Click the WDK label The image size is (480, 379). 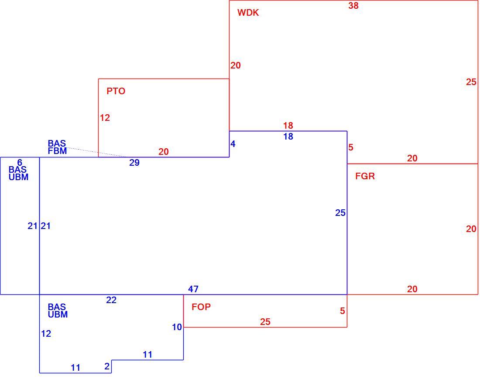(248, 13)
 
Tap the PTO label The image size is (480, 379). (116, 91)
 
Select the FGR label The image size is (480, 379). (365, 176)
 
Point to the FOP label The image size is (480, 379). (201, 307)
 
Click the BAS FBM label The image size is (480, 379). (57, 147)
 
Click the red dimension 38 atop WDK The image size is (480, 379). (353, 6)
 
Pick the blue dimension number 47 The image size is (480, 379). (193, 289)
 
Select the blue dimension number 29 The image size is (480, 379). (134, 162)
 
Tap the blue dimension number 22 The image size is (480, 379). (111, 300)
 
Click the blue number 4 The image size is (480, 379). (233, 144)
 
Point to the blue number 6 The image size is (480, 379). (20, 162)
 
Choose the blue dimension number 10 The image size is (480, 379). (177, 327)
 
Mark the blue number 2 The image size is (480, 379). (107, 366)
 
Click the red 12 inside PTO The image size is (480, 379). (105, 118)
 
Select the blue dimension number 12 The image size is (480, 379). (46, 333)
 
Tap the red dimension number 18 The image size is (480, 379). (288, 126)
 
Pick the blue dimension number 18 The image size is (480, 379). (288, 137)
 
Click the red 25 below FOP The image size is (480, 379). (265, 322)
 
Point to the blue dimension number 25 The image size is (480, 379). (340, 212)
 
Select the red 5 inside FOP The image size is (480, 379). (343, 311)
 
